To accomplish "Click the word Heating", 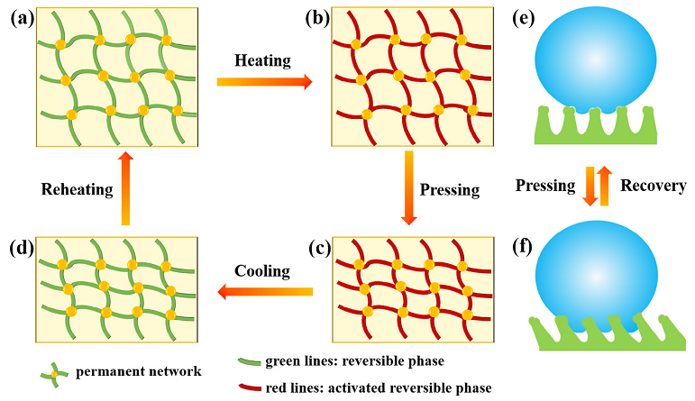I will tap(263, 61).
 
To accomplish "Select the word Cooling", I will tap(263, 270).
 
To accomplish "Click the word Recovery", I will tap(654, 186).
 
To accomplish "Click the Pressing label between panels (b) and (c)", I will tap(451, 190).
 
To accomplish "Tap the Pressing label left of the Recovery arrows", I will tap(545, 186).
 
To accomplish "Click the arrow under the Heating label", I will tap(264, 82).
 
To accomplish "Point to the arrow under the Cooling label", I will tap(264, 291).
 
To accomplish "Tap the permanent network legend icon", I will tap(53, 371).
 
